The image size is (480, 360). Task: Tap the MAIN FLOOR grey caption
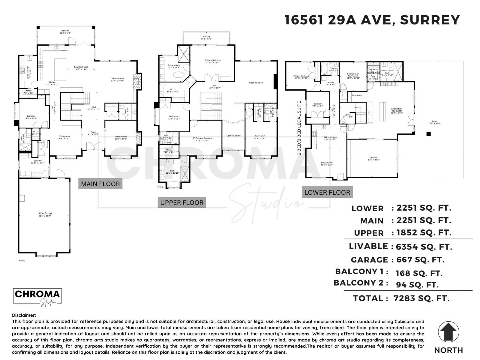(x=100, y=184)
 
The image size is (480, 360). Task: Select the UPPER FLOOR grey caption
(x=182, y=202)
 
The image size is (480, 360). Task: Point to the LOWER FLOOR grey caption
(x=327, y=192)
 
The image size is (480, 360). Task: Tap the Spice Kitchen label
(x=28, y=72)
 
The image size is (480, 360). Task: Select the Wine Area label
(x=356, y=95)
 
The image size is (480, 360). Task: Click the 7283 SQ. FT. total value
(x=421, y=298)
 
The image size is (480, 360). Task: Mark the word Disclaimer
(x=24, y=315)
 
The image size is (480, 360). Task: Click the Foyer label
(x=93, y=132)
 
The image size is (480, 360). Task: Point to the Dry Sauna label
(x=373, y=70)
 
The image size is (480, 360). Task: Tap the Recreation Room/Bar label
(x=397, y=110)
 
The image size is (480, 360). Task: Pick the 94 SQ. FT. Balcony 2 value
(x=417, y=284)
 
